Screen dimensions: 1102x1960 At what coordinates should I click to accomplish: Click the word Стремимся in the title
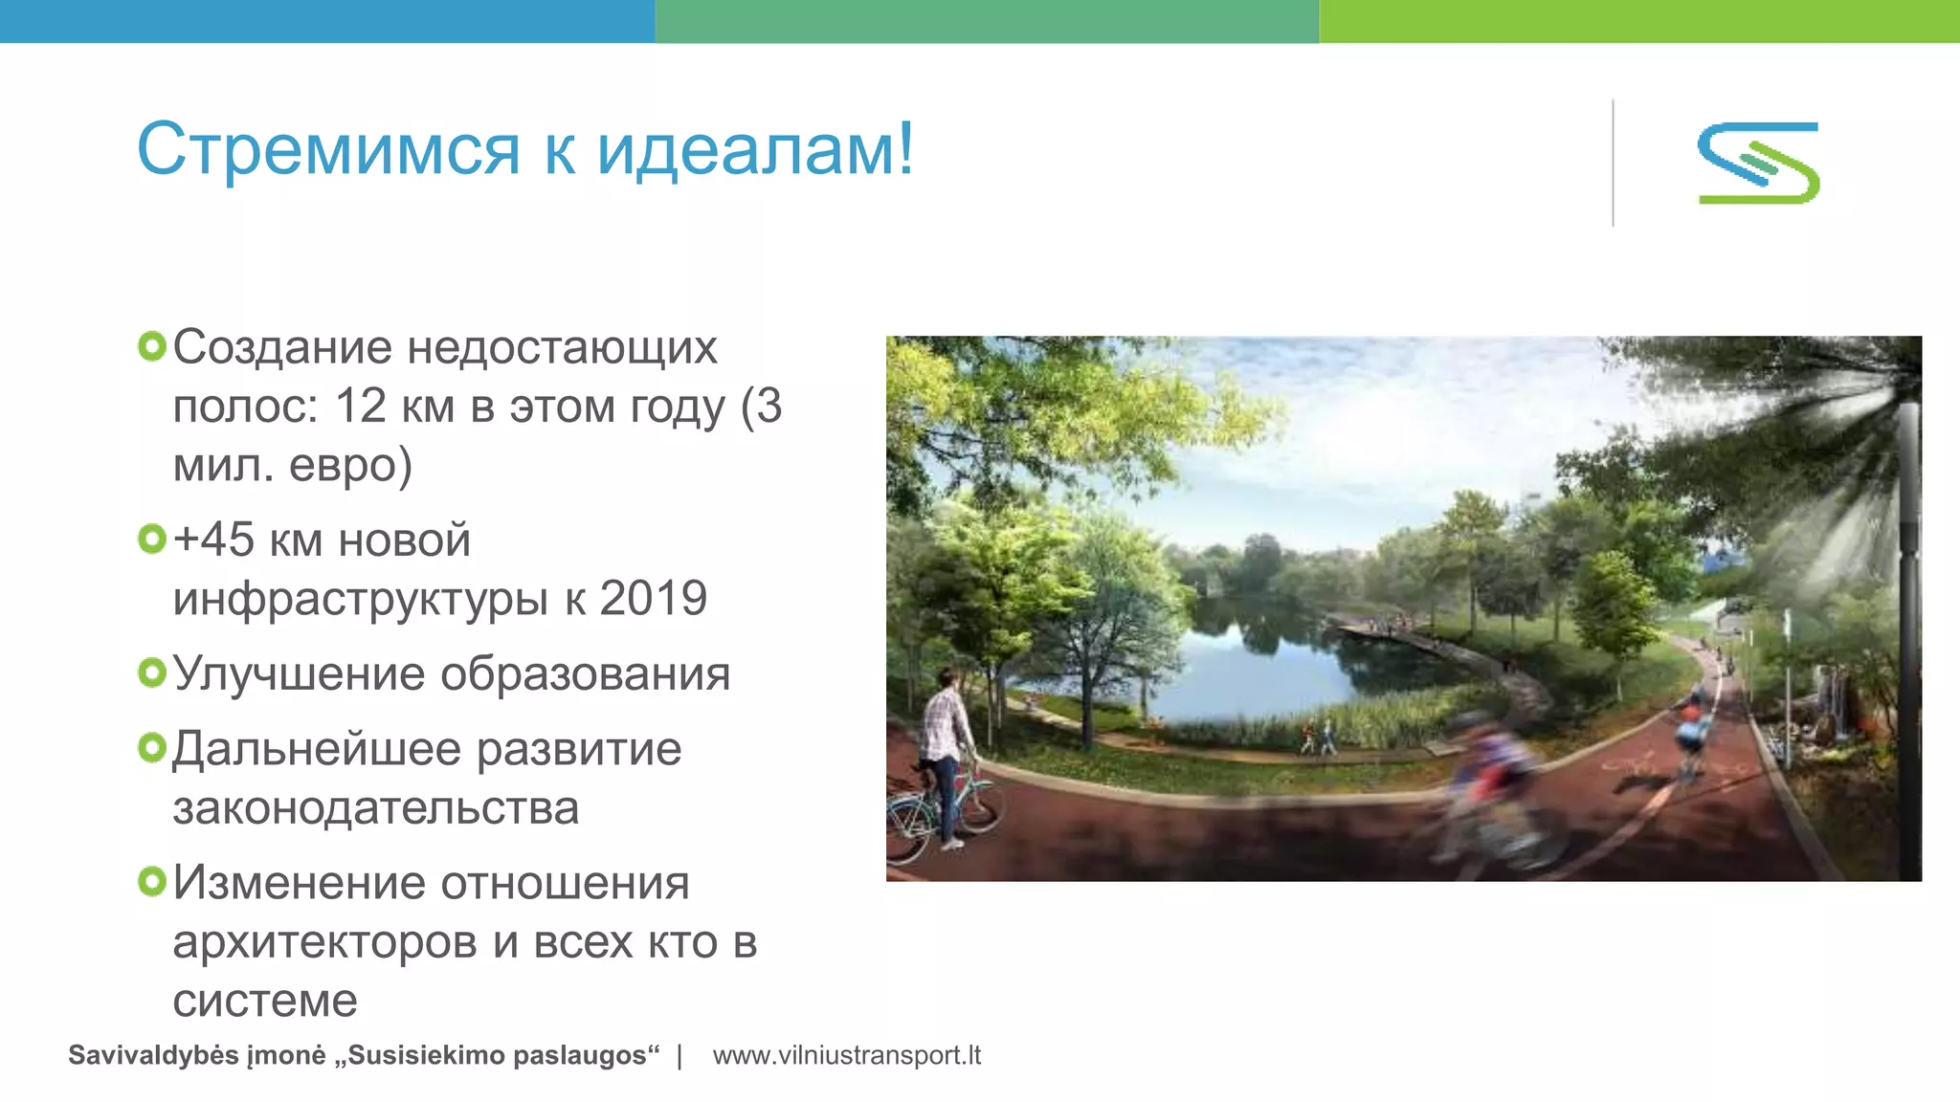click(328, 150)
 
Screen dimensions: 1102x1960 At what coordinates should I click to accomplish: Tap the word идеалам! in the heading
click(755, 150)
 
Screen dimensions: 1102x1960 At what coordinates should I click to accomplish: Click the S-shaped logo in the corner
click(1759, 163)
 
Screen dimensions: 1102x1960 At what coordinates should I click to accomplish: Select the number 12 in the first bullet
click(360, 406)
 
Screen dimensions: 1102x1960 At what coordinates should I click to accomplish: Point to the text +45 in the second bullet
click(214, 540)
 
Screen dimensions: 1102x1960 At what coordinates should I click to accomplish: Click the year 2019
click(653, 599)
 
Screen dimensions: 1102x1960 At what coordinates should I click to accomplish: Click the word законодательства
click(376, 807)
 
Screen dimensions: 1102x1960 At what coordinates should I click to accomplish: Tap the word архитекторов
click(325, 942)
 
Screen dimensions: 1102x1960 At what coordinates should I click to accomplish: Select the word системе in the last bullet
click(265, 1001)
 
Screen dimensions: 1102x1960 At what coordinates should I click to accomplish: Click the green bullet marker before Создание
click(152, 346)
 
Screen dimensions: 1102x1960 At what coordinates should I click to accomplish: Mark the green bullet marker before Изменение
click(152, 881)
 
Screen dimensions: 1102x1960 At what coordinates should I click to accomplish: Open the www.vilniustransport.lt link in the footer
click(847, 1055)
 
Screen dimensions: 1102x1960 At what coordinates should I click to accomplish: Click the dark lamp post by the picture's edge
click(1907, 622)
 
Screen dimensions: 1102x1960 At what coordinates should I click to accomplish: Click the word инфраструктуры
click(361, 599)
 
